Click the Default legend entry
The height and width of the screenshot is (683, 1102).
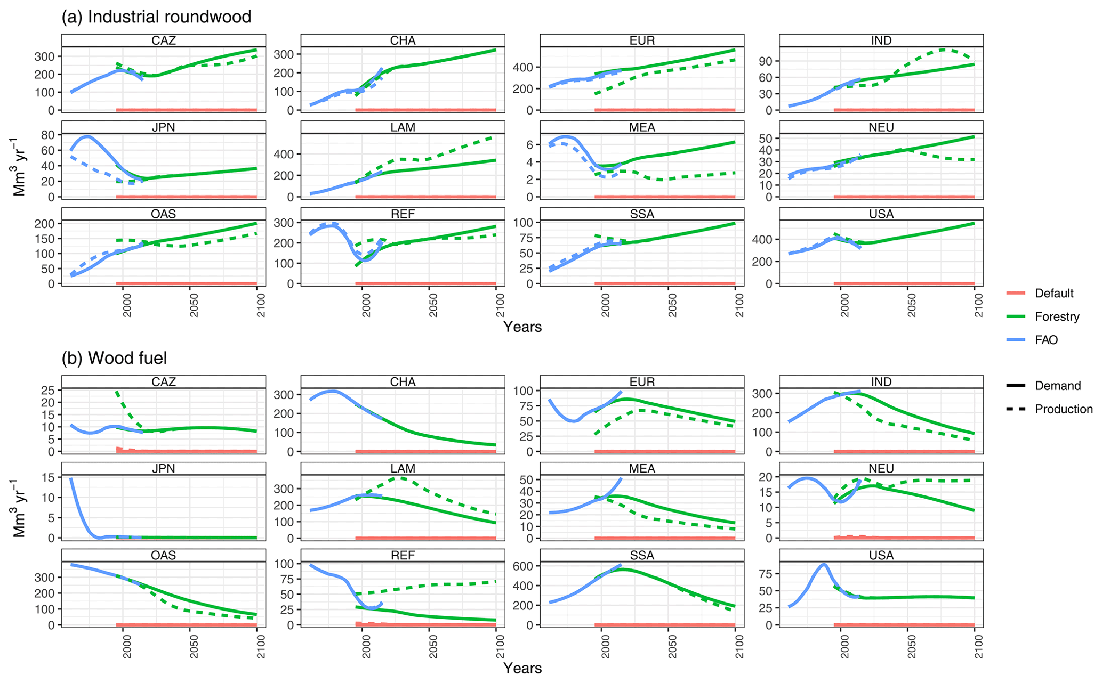coord(1053,293)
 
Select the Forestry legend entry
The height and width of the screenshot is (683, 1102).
coord(1057,316)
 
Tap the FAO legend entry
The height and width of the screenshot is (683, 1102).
coord(1046,340)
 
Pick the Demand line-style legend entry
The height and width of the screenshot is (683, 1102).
coord(1058,386)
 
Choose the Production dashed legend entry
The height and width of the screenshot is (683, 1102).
coord(1064,409)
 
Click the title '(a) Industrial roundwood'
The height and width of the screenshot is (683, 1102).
coord(156,17)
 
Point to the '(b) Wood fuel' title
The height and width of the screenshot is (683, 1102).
coord(114,358)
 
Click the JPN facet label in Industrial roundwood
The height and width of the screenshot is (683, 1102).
coord(163,127)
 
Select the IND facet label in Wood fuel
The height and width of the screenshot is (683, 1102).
coord(881,382)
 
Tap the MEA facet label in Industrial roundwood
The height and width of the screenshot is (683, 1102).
coord(642,127)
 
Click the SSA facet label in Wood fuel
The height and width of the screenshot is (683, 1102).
coord(642,556)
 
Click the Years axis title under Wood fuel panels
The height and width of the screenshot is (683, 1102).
coord(522,668)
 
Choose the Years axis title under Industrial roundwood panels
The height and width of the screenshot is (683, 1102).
coord(522,327)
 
